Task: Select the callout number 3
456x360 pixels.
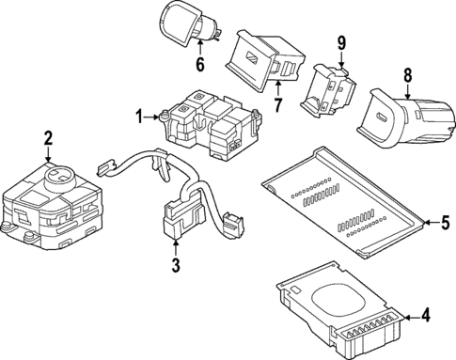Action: tap(175, 266)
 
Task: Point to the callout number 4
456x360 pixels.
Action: tap(427, 317)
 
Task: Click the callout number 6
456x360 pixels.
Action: tap(198, 65)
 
